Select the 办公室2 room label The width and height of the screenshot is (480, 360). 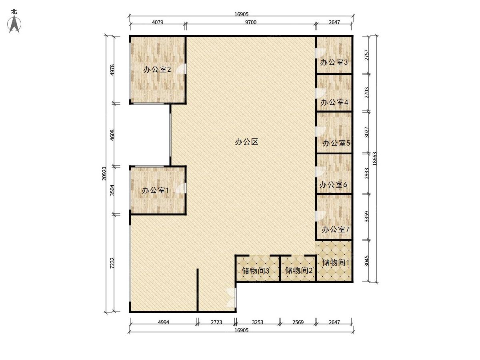click(157, 70)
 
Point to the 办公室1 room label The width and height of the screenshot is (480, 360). click(155, 190)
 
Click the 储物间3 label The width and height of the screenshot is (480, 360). click(255, 271)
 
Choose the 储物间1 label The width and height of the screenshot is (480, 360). click(336, 263)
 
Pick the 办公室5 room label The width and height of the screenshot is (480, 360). click(336, 143)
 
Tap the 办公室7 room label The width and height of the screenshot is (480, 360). click(336, 230)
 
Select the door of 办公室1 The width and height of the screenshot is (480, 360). click(182, 188)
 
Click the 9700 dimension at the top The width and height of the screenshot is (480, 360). click(250, 22)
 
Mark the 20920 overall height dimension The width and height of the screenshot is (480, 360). click(104, 174)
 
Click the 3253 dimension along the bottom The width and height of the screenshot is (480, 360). click(258, 322)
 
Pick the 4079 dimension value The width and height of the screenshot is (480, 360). click(157, 22)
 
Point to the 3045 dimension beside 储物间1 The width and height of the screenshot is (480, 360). click(367, 261)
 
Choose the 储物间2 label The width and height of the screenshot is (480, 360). click(298, 271)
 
